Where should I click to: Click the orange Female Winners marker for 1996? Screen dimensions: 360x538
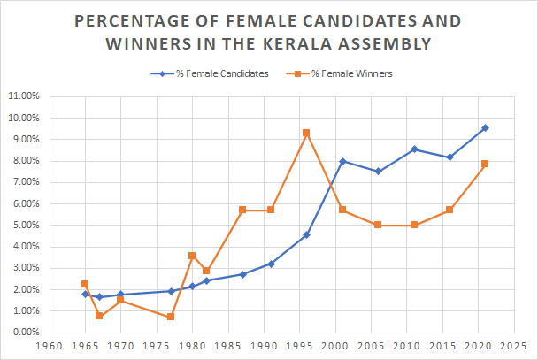pos(306,133)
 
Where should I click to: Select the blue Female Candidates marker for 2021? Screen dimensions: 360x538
pos(486,127)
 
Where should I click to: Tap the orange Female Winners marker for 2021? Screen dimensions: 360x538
pos(486,164)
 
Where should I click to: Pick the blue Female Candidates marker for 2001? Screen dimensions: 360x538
pos(342,161)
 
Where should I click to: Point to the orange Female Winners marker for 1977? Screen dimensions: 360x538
pos(170,317)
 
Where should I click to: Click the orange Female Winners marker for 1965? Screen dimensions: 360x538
pos(84,284)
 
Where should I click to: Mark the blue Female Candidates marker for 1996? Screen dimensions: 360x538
pos(306,234)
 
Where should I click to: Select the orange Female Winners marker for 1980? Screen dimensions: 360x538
pos(192,256)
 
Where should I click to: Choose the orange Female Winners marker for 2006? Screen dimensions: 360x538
pos(378,225)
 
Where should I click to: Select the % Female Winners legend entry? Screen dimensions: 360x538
pos(345,74)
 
